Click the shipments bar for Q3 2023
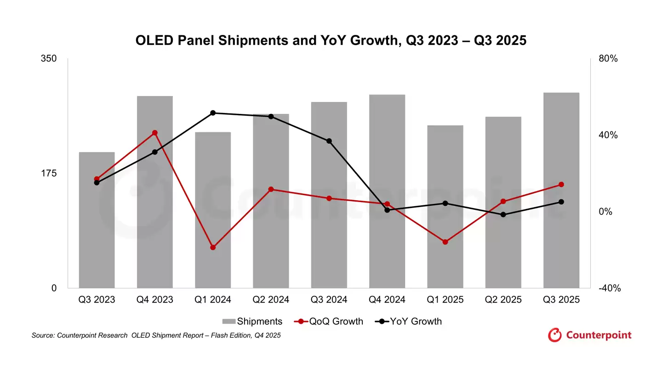coord(97,220)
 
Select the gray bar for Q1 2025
coord(445,207)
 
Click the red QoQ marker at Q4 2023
coord(155,133)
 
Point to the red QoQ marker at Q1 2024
coord(213,248)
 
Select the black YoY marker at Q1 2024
coord(213,113)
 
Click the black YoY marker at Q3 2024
coord(329,141)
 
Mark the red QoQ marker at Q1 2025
coord(445,242)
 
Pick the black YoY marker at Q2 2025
coord(503,214)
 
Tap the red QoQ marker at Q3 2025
coord(561,185)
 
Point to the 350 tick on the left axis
coord(48,59)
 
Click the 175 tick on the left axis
coord(48,173)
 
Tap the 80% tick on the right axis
coord(608,59)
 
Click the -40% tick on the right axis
coord(610,288)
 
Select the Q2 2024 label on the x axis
coord(271,300)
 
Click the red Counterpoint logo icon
coord(555,335)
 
